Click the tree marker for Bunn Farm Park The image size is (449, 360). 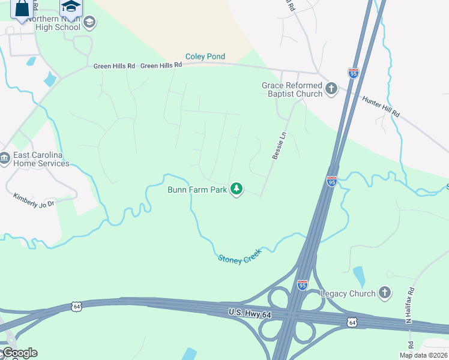(x=237, y=189)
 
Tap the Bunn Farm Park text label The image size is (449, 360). (x=197, y=190)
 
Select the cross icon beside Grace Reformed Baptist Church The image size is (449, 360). (x=331, y=89)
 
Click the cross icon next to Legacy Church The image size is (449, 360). (x=384, y=293)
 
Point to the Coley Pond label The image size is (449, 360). (x=205, y=57)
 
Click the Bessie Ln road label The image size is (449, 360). (x=277, y=146)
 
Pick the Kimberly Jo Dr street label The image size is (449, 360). (x=34, y=200)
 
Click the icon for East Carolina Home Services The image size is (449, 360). (x=5, y=159)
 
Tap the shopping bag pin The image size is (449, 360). (x=22, y=8)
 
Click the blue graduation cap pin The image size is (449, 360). (x=71, y=7)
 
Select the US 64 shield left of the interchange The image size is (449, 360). (x=76, y=306)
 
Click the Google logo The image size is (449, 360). (x=19, y=353)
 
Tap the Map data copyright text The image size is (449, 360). (x=423, y=355)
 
